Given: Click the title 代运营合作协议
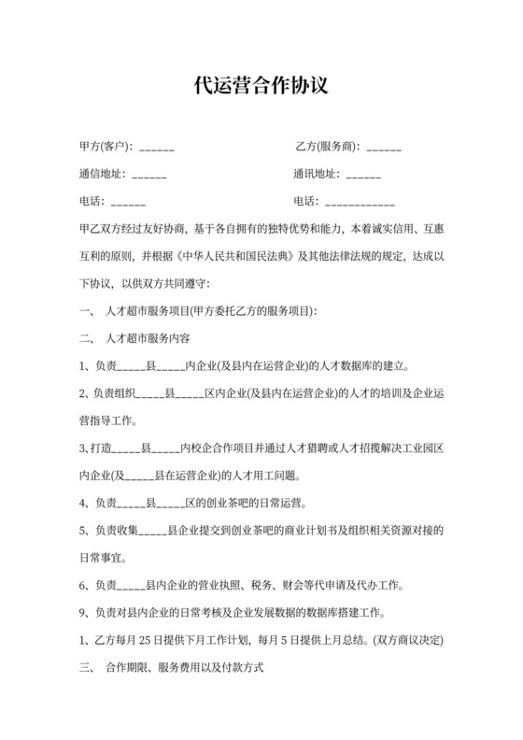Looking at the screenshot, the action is pyautogui.click(x=261, y=88).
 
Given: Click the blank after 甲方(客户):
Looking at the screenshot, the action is pyautogui.click(x=156, y=148).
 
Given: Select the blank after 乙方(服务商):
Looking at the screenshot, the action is pyautogui.click(x=384, y=148).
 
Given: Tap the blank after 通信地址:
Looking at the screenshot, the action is pyautogui.click(x=149, y=175).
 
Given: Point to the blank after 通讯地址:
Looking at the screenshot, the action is pyautogui.click(x=363, y=175).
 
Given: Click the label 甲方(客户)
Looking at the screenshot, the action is pyautogui.click(x=106, y=147).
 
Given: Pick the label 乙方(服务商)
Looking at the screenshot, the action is pyautogui.click(x=326, y=147).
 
